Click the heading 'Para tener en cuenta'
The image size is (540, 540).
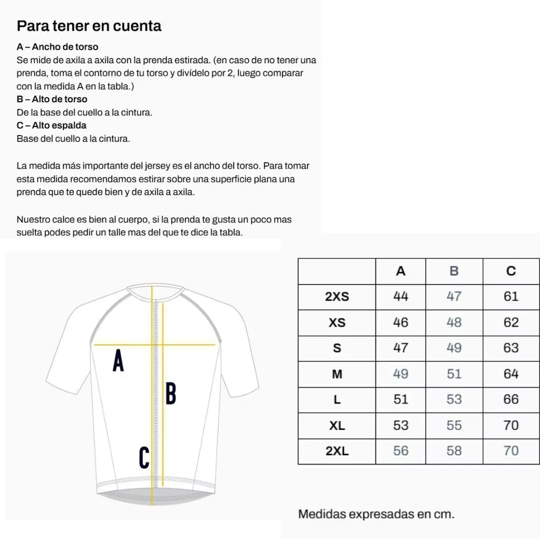click(89, 26)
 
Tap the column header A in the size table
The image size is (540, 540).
click(401, 271)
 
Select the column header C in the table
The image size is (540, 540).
click(511, 271)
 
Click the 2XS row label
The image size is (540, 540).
click(337, 297)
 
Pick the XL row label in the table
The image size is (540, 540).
click(337, 426)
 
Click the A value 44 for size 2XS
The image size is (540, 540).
click(401, 296)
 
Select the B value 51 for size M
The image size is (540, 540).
click(454, 374)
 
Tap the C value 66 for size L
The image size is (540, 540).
click(511, 399)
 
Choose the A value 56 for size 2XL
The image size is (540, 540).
click(401, 451)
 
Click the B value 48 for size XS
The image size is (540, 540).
click(454, 322)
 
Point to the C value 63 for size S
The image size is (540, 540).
click(511, 348)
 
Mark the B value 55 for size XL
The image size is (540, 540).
click(454, 425)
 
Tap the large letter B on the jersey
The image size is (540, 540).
click(170, 393)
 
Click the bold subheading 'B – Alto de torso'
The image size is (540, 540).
click(52, 99)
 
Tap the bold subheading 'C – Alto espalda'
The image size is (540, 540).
click(52, 126)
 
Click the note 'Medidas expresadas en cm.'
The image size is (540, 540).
click(376, 514)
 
